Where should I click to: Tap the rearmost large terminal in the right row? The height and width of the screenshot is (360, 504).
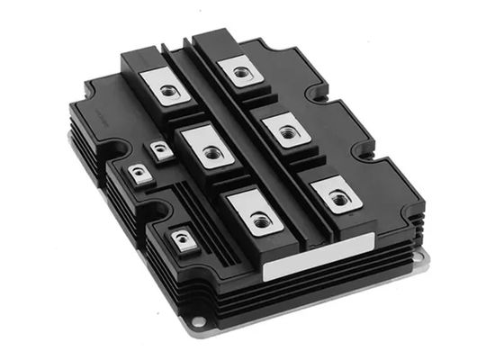pyautogui.click(x=239, y=68)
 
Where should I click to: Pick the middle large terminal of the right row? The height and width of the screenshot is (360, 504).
pyautogui.click(x=287, y=131)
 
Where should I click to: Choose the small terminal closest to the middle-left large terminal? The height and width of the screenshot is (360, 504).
pyautogui.click(x=160, y=151)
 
